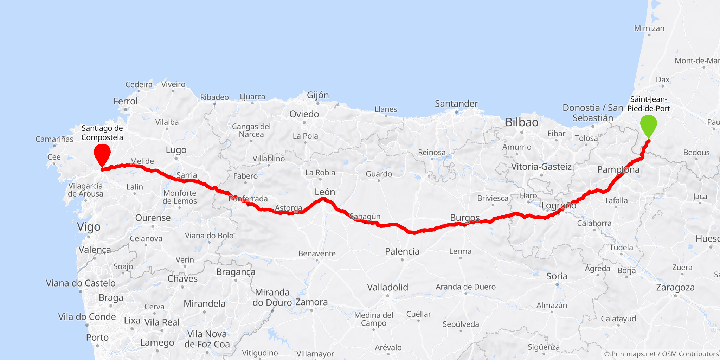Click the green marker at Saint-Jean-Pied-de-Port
648,125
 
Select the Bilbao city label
522,122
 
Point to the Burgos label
465,218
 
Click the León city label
324,192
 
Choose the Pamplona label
618,170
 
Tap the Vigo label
89,227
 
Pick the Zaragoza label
675,288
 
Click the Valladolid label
387,287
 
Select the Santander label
456,104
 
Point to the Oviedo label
304,114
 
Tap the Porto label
97,337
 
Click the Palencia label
402,251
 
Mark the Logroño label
559,206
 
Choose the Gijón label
318,95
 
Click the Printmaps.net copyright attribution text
661,354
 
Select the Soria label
557,276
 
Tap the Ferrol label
126,101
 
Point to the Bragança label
236,272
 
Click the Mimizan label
649,28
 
